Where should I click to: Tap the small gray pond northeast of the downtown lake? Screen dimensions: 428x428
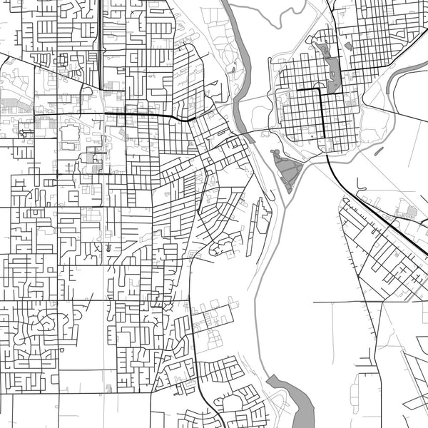(347, 46)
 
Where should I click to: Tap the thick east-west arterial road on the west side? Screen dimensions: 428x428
(143, 115)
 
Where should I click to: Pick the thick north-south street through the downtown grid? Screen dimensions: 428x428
(322, 114)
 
